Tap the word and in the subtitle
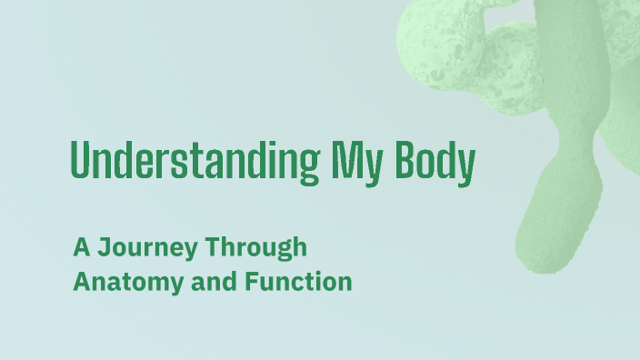[207, 282]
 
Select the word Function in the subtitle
[298, 282]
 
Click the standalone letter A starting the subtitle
[81, 246]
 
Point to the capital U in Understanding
[79, 162]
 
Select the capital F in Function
[252, 282]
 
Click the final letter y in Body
[466, 166]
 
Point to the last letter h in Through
[300, 246]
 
